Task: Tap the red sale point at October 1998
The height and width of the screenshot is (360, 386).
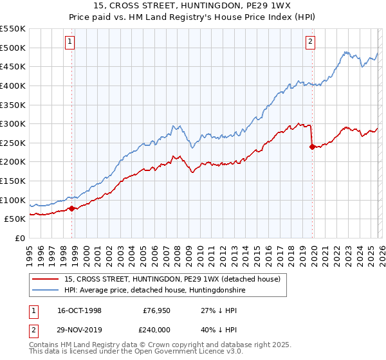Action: pyautogui.click(x=72, y=208)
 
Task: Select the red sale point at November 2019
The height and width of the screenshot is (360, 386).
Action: pyautogui.click(x=312, y=147)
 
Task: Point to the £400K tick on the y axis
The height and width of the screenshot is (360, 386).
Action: pyautogui.click(x=13, y=85)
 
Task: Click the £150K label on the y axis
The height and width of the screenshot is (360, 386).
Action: pyautogui.click(x=13, y=181)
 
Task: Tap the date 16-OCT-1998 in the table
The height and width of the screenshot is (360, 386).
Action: pyautogui.click(x=79, y=310)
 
